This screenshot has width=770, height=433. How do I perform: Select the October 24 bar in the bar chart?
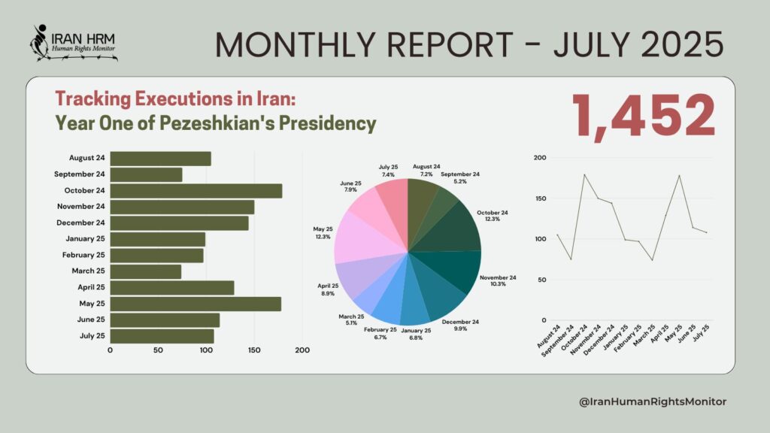(196, 191)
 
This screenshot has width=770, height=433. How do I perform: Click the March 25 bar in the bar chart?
(146, 271)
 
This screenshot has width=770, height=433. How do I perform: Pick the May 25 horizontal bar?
(196, 304)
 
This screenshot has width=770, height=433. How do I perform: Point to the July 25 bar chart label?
(92, 336)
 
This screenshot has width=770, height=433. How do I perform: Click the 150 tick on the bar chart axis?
(254, 350)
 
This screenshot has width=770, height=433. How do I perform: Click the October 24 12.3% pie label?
(493, 216)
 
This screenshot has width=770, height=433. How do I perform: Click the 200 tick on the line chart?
(538, 158)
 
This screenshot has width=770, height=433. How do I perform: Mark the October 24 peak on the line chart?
(584, 174)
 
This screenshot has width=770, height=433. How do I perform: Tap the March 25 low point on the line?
(652, 260)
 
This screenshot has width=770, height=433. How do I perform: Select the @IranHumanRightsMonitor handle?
(653, 402)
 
